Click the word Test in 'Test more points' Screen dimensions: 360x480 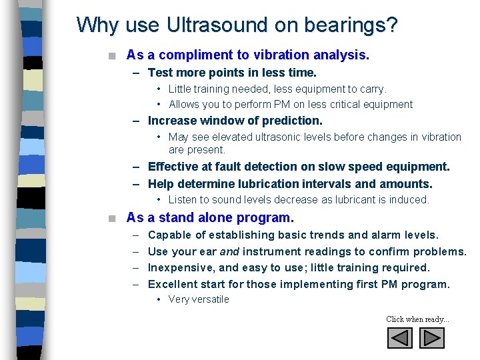tap(160, 72)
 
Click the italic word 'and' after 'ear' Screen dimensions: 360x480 tap(230, 251)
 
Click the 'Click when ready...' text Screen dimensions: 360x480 tap(417, 319)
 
